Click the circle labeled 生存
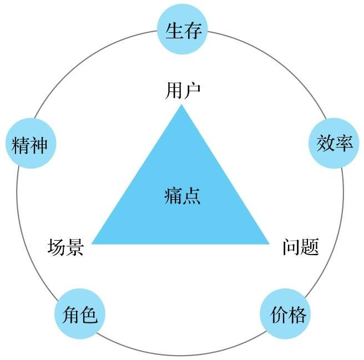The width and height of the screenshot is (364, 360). pyautogui.click(x=182, y=29)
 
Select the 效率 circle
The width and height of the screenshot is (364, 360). pyautogui.click(x=334, y=143)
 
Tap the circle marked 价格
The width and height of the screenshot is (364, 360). pyautogui.click(x=285, y=314)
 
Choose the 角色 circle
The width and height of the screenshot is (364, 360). pyautogui.click(x=80, y=314)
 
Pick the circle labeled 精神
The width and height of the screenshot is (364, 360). pyautogui.click(x=31, y=143)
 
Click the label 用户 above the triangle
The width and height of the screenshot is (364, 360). pyautogui.click(x=183, y=91)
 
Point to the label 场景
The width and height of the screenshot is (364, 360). pyautogui.click(x=65, y=247)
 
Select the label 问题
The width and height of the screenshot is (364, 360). pyautogui.click(x=300, y=247)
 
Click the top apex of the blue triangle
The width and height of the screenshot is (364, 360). pyautogui.click(x=181, y=105)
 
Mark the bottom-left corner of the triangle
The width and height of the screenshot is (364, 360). pyautogui.click(x=92, y=244)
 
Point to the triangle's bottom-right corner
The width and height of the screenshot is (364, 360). pyautogui.click(x=269, y=244)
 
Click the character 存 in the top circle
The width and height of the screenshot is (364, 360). pyautogui.click(x=192, y=31)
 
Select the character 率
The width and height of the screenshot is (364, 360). pyautogui.click(x=344, y=143)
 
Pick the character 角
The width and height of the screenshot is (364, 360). pyautogui.click(x=70, y=315)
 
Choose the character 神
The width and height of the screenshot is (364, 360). pyautogui.click(x=38, y=145)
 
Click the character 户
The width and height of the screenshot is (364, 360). pyautogui.click(x=192, y=91)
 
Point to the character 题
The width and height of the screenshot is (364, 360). pyautogui.click(x=310, y=247)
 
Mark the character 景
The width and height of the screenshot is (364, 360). pyautogui.click(x=74, y=247)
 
